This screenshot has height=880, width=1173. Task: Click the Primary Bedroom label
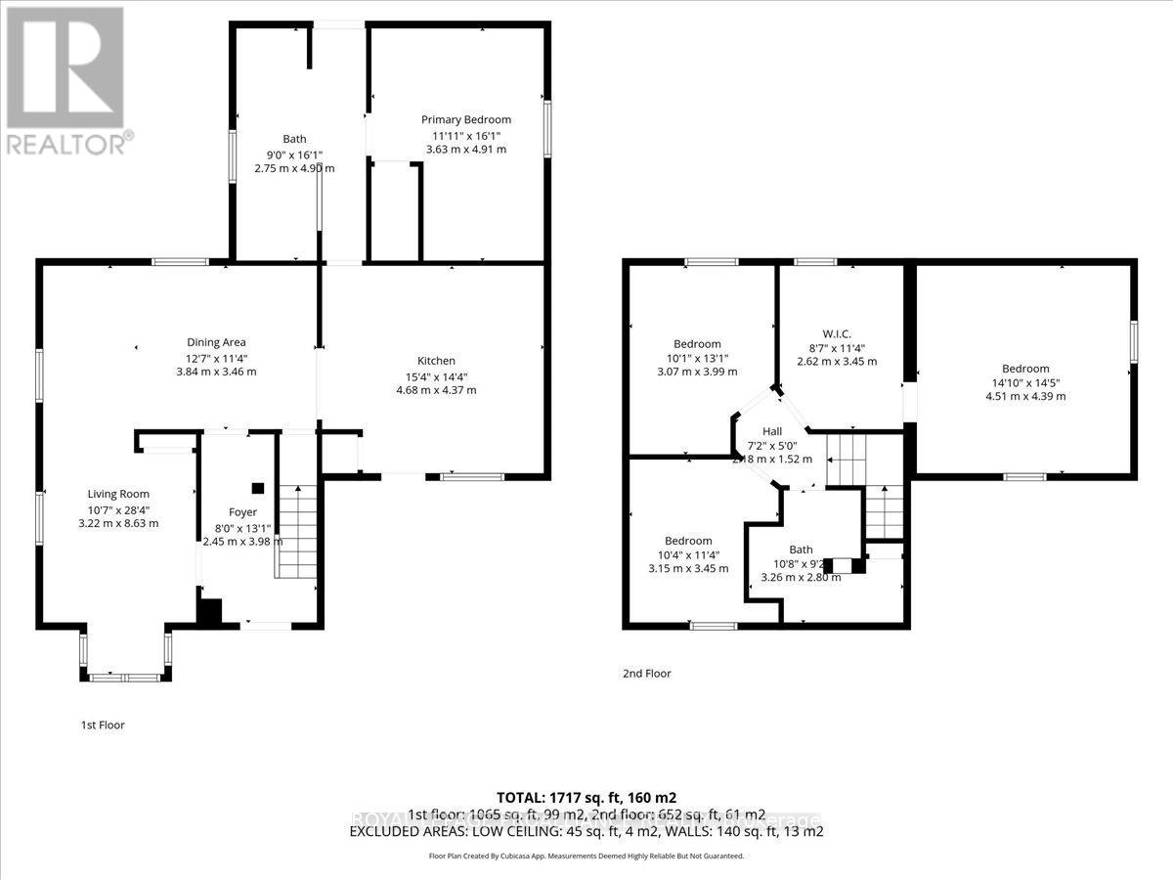coord(465,119)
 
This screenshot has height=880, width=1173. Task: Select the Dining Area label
coord(216,342)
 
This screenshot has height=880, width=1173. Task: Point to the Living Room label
coord(118,494)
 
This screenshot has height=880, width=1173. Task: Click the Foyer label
coord(242,511)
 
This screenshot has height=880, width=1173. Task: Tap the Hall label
coord(772,430)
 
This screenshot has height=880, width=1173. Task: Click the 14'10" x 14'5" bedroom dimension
coord(1024,382)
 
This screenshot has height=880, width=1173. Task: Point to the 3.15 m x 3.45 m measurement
coord(688,569)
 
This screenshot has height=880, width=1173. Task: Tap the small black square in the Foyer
coord(258,488)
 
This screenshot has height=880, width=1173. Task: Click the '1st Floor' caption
coord(103,726)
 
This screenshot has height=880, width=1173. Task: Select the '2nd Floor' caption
coord(646,673)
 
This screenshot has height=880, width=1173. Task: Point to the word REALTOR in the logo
coord(65,145)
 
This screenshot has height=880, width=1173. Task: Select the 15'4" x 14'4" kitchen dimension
coord(435,375)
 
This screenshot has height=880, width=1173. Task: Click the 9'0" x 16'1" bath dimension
coord(294,154)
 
